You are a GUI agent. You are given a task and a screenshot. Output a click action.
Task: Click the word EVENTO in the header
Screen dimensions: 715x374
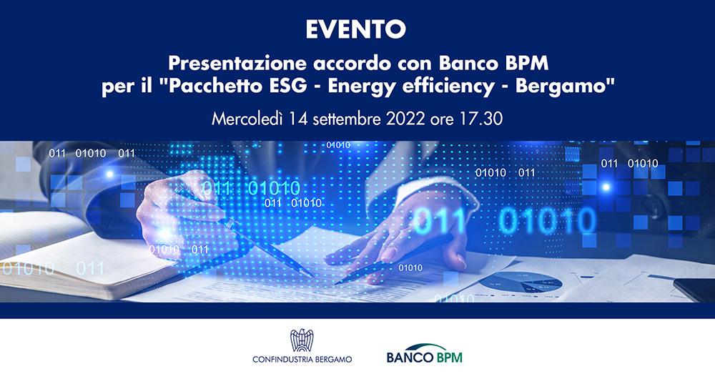[x=355, y=29]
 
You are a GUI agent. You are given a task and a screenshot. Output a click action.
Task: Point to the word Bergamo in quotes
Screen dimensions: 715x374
[x=565, y=87]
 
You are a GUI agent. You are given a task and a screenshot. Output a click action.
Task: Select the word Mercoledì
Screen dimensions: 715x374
[x=247, y=119]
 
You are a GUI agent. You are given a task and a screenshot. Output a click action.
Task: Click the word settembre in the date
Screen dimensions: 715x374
[x=347, y=119]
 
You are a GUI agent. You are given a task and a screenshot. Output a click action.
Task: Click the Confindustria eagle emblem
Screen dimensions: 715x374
[x=302, y=340]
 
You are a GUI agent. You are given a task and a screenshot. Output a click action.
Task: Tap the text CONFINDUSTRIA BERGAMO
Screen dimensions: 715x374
[x=302, y=360]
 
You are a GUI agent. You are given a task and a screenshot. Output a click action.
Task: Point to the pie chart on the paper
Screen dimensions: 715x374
[x=520, y=282]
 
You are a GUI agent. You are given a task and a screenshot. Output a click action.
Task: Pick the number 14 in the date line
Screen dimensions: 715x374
[x=298, y=119]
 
